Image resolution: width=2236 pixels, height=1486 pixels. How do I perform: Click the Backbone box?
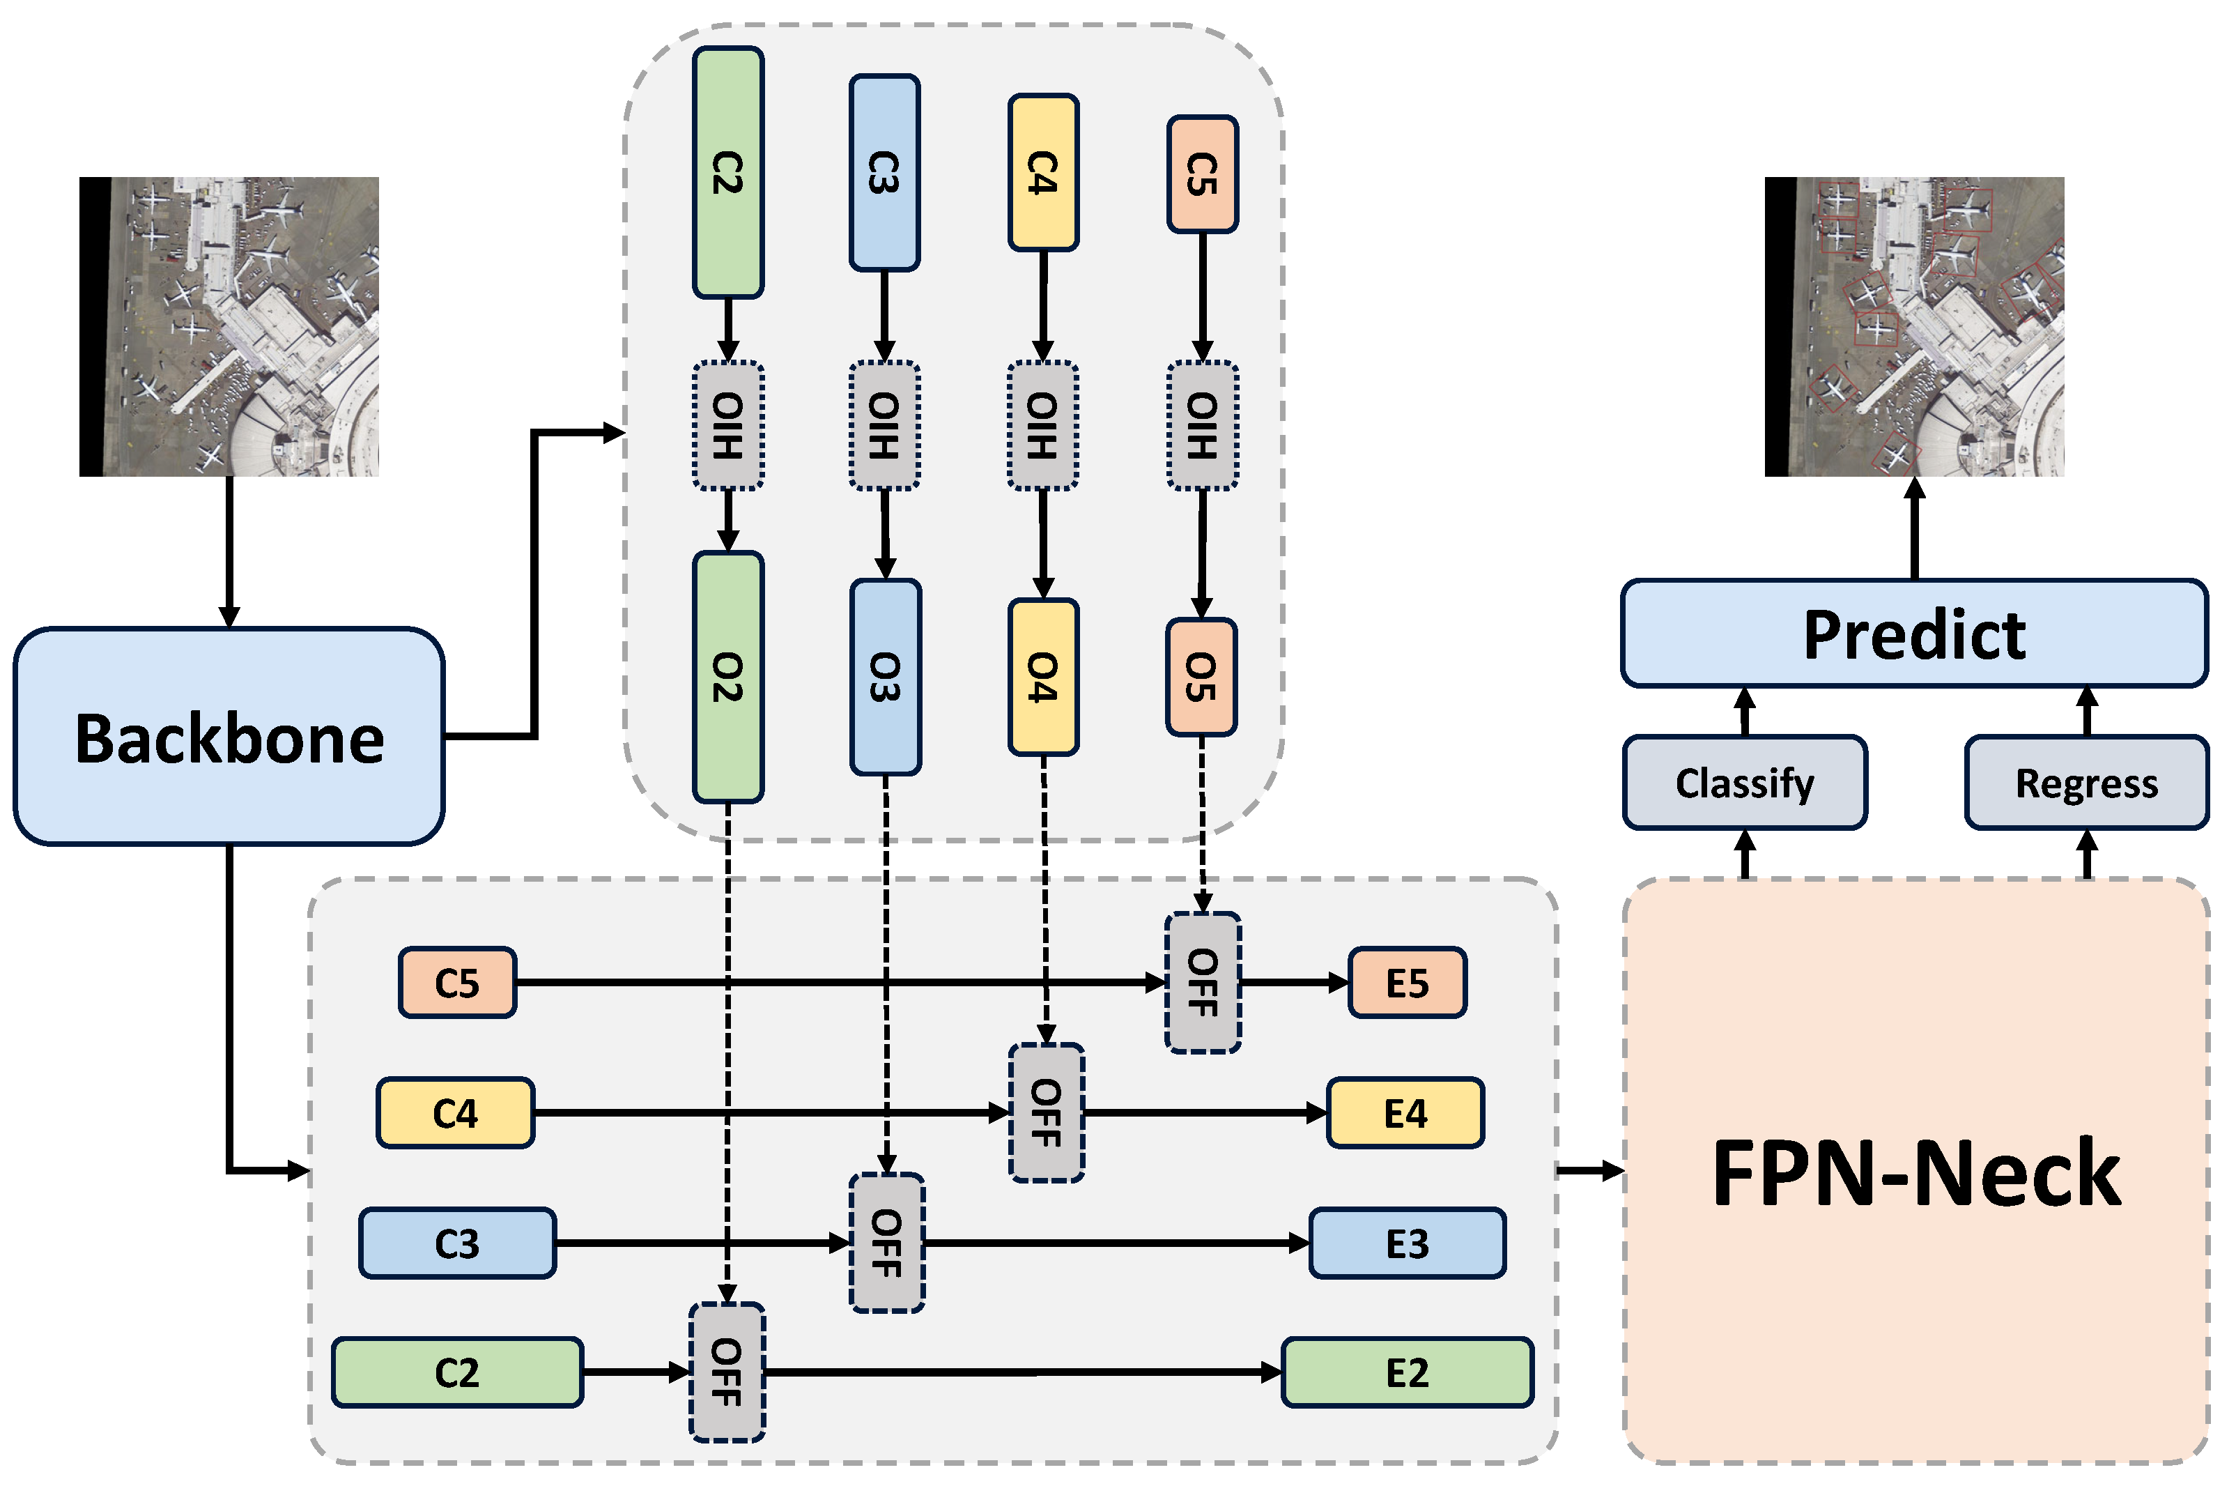229,736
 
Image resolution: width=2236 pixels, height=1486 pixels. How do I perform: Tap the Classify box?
1744,783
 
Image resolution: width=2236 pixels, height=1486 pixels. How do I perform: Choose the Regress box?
2086,783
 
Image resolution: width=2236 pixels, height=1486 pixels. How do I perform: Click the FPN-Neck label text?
1915,1172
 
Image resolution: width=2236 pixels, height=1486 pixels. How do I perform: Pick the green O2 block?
727,677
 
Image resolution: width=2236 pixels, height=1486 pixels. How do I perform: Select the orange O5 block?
1201,677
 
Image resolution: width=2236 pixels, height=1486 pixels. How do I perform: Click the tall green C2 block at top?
727,172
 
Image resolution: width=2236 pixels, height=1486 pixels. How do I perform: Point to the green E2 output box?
1407,1372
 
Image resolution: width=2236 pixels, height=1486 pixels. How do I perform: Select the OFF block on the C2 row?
727,1372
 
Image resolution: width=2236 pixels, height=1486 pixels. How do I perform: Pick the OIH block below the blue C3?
884,426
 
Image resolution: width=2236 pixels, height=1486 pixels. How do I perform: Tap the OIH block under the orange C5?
1201,426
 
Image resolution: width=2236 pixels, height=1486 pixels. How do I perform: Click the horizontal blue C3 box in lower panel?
456,1243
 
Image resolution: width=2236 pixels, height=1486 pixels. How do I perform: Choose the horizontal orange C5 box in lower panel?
456,983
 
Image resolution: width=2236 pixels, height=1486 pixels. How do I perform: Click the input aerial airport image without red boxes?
229,326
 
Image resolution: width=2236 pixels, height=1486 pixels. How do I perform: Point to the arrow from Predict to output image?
1915,530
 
